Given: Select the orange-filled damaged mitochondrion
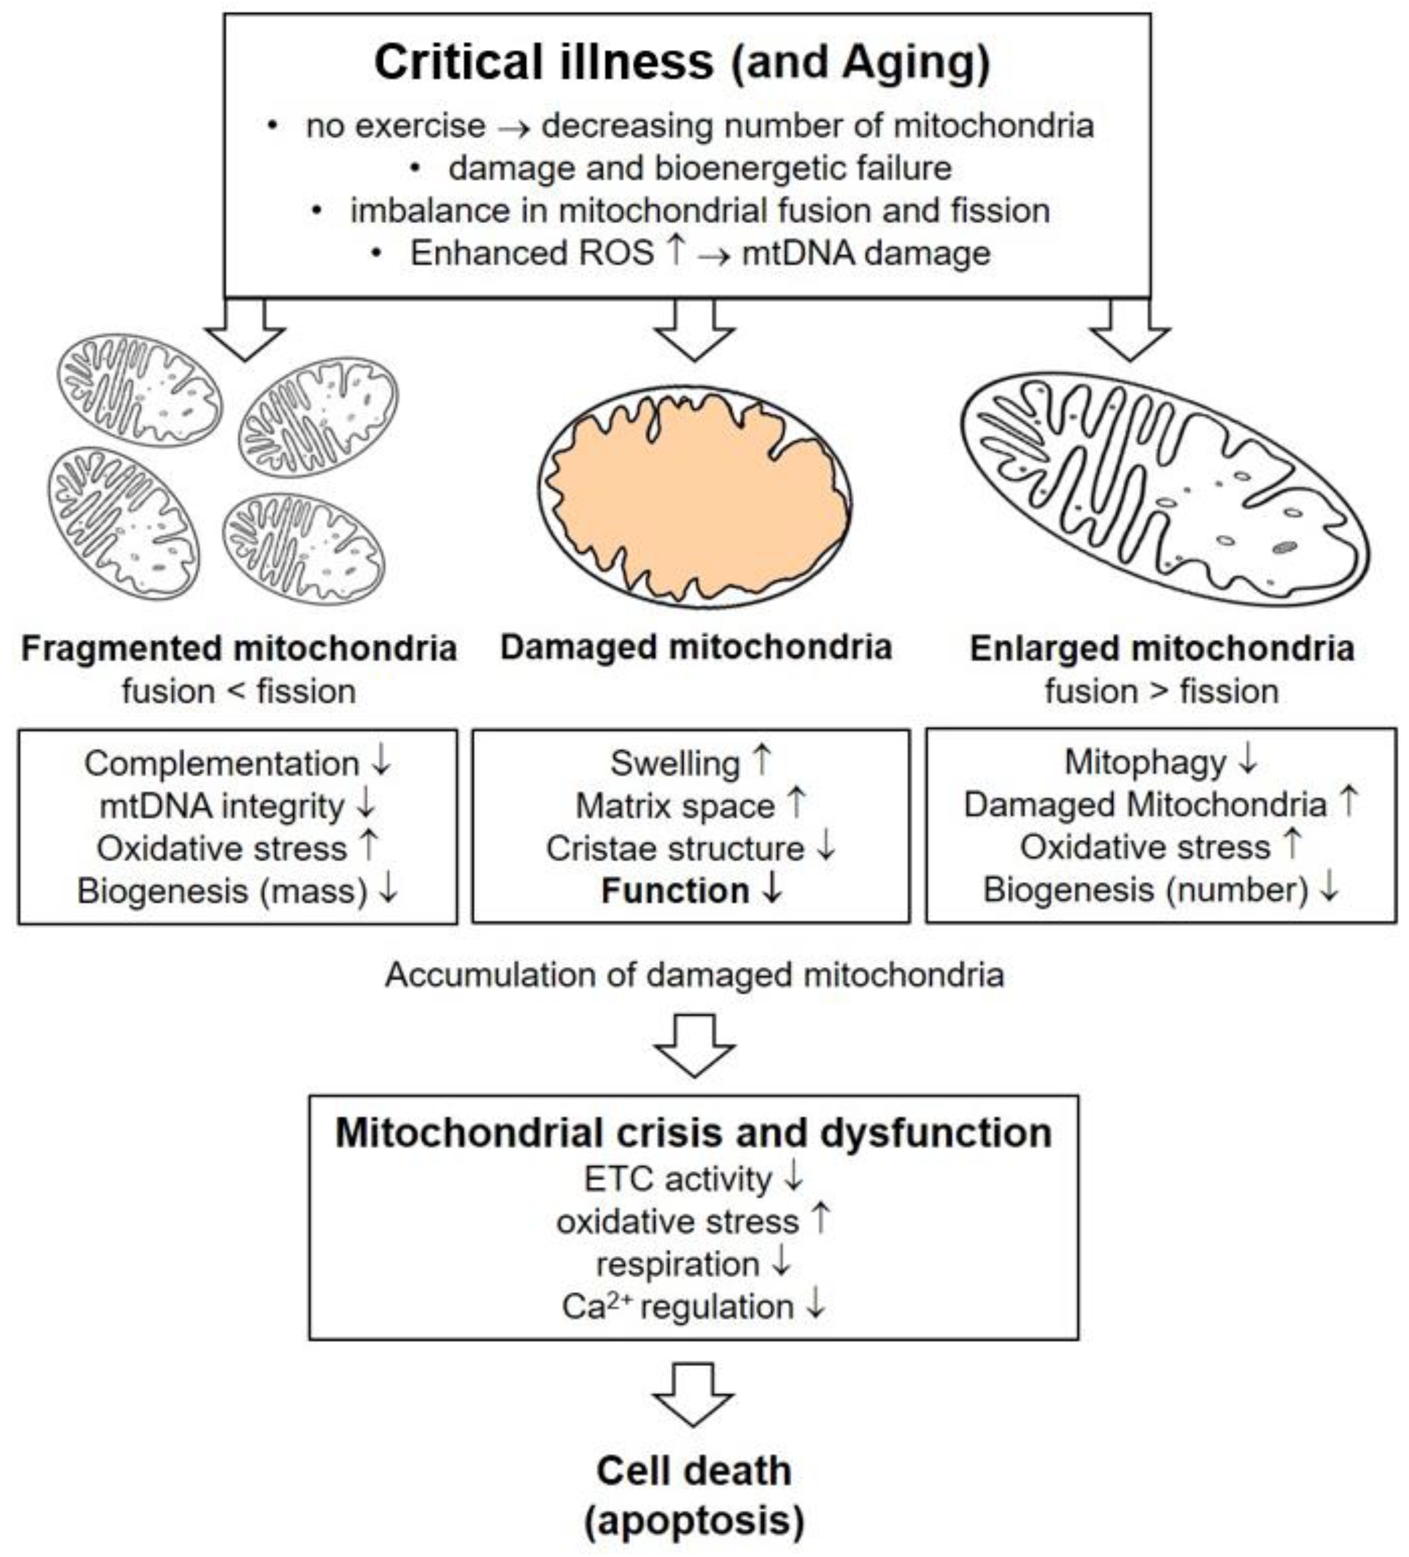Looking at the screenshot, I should pos(695,494).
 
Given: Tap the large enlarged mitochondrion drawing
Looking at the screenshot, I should pos(1164,488).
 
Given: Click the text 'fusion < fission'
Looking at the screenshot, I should pos(239,691).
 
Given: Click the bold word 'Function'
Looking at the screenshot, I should pos(675,891).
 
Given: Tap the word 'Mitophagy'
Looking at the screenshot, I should pos(1145,762).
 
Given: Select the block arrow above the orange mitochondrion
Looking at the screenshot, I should pos(694,330).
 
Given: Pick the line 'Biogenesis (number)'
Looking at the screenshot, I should pos(1145,890).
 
